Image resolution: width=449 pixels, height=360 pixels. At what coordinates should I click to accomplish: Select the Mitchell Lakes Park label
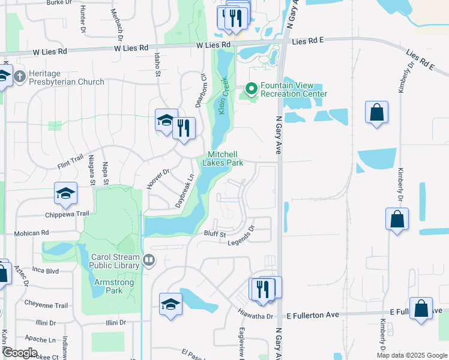[223, 158]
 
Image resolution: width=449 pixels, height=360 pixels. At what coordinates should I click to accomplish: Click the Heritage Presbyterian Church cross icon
[20, 77]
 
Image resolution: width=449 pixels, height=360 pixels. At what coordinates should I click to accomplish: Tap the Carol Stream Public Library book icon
[149, 261]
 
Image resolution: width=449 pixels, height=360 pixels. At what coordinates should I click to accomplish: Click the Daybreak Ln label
[185, 191]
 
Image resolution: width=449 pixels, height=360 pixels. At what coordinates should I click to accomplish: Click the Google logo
[19, 353]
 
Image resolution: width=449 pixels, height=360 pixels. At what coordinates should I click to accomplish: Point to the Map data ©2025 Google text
[411, 355]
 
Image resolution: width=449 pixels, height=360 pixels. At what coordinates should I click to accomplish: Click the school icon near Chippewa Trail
[66, 193]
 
